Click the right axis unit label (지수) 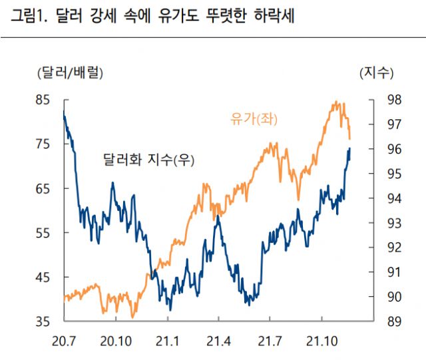(x=377, y=71)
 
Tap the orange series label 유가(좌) (x=253, y=120)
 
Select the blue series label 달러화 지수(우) (x=150, y=160)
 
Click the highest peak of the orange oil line (x=336, y=102)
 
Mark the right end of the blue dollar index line (x=350, y=148)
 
